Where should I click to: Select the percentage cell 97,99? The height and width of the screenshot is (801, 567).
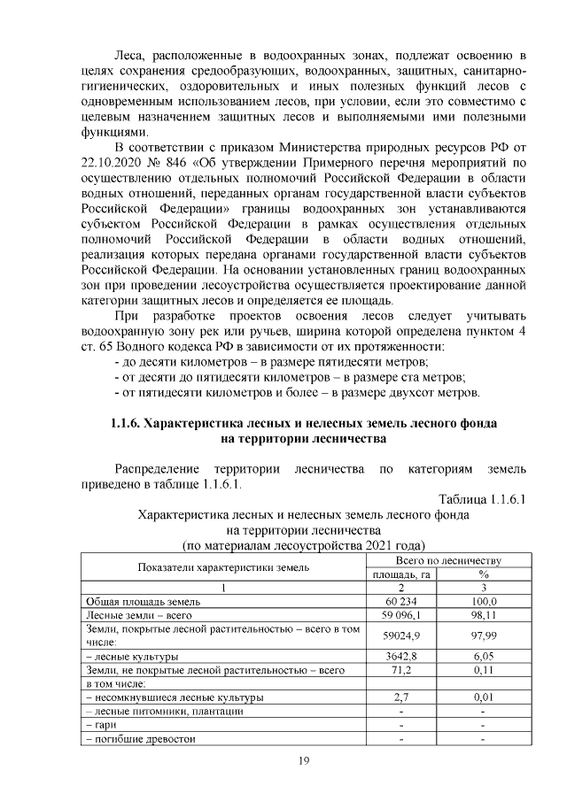484,635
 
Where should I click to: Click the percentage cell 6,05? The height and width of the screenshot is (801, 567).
484,657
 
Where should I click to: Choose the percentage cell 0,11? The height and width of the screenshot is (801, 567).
484,671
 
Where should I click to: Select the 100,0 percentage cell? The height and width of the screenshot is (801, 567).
484,601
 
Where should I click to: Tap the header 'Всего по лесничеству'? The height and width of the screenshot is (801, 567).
447,561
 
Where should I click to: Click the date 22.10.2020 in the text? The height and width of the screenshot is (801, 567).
113,163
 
